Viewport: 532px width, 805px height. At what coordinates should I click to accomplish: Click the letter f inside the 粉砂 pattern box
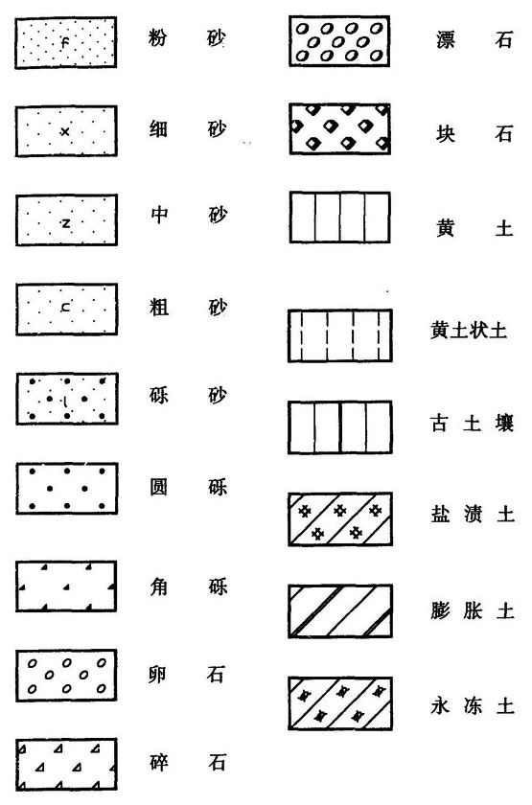(x=64, y=43)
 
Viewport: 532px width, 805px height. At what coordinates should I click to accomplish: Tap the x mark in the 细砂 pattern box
(x=65, y=132)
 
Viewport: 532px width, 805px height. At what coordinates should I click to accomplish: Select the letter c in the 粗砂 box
(x=66, y=308)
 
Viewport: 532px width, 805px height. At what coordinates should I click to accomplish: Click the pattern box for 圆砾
(x=67, y=488)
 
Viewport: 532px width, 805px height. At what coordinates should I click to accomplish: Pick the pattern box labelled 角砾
(x=66, y=586)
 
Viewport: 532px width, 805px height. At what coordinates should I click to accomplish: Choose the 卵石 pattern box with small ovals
(x=66, y=675)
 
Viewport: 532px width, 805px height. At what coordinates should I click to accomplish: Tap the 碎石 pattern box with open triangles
(x=66, y=765)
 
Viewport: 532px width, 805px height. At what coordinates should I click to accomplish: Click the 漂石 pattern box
(x=339, y=40)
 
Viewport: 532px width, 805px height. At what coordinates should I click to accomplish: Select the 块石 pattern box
(x=339, y=128)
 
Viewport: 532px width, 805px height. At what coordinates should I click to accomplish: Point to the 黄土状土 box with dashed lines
(x=340, y=335)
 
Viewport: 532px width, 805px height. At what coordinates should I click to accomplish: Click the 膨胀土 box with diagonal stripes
(x=340, y=611)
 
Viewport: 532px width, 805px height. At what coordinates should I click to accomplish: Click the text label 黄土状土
(x=469, y=330)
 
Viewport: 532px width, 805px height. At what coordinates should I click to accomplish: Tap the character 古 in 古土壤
(x=439, y=424)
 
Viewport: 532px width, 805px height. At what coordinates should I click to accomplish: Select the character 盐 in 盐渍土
(x=440, y=514)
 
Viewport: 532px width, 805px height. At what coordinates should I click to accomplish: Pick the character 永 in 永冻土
(x=440, y=706)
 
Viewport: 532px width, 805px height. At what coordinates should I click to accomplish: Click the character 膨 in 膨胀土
(x=440, y=611)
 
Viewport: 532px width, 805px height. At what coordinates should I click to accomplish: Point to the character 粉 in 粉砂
(x=157, y=37)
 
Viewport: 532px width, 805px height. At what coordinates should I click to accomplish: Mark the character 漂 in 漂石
(x=445, y=39)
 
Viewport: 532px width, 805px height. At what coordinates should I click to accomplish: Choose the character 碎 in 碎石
(x=159, y=763)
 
